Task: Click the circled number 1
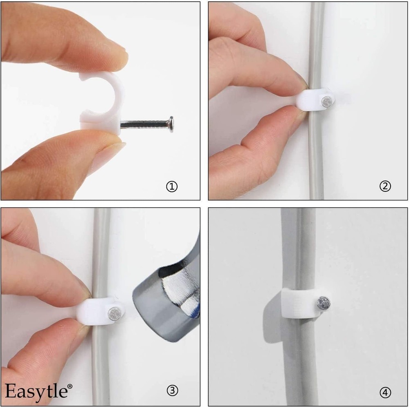(172, 187)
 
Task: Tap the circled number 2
(385, 187)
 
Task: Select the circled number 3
(172, 391)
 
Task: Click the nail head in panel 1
(170, 121)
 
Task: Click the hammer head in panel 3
(168, 295)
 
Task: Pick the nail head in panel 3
(113, 313)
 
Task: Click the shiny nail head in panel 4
(324, 303)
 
